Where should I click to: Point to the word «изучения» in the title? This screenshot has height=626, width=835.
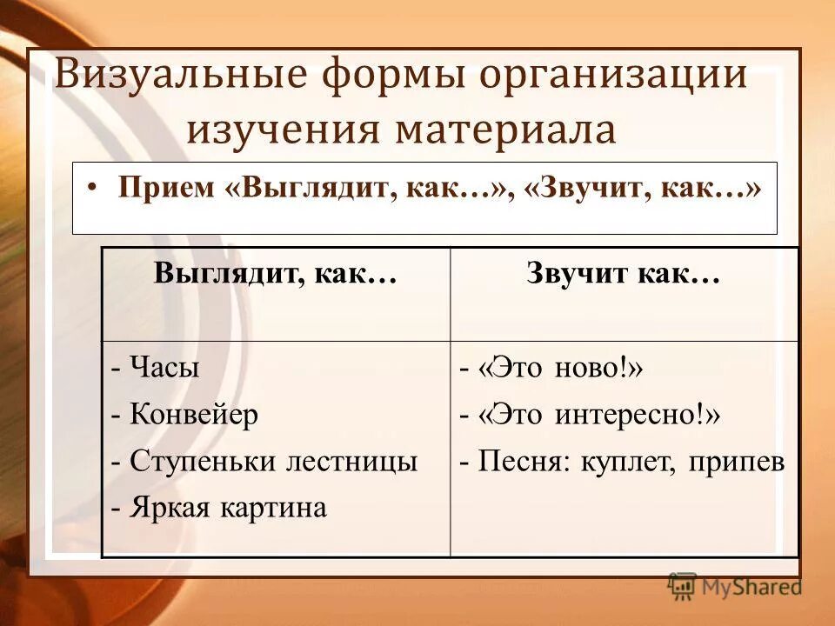point(283,130)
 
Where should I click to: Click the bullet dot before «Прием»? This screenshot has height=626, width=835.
point(94,189)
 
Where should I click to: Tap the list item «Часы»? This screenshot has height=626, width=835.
point(164,368)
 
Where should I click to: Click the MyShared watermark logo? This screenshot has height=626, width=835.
point(735,587)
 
